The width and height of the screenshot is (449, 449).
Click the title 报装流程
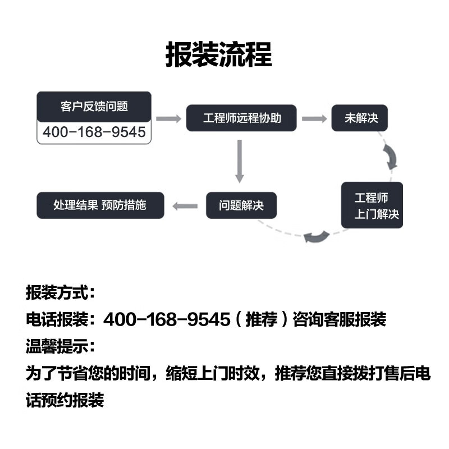tap(218, 54)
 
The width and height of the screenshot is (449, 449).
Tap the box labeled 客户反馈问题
tap(94, 107)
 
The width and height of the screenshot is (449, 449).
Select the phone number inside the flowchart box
tap(94, 132)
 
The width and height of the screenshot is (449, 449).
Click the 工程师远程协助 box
tap(241, 118)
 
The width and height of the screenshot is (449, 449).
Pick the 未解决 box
tap(359, 118)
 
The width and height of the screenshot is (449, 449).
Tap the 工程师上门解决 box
tap(372, 205)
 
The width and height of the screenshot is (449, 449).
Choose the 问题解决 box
tap(241, 205)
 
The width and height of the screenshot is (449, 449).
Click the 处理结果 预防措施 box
tap(100, 205)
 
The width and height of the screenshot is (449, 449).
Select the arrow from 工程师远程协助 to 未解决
tap(314, 118)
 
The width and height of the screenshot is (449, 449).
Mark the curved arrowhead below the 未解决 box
tap(391, 157)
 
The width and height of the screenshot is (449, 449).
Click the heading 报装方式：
tap(61, 293)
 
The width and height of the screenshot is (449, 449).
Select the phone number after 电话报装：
tap(167, 320)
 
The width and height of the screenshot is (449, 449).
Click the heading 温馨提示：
tap(61, 346)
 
